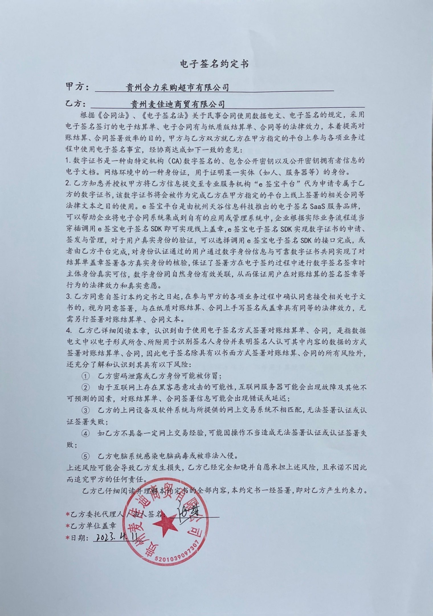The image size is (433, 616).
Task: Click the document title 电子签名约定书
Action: click(214, 63)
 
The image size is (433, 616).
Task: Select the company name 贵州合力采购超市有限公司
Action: click(177, 87)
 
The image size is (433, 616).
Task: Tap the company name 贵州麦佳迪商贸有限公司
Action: click(177, 104)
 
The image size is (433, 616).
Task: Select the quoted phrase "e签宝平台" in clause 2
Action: click(275, 183)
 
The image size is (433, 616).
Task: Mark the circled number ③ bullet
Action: click(85, 410)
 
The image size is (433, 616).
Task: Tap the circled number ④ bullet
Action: click(85, 433)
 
